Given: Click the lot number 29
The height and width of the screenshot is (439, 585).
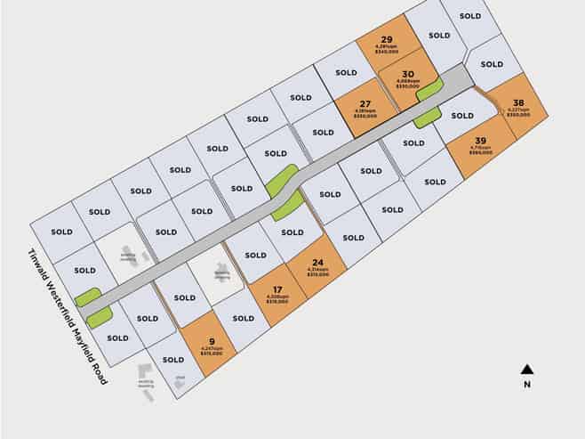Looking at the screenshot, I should (387, 39).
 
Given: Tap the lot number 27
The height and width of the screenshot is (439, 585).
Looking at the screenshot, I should (365, 104).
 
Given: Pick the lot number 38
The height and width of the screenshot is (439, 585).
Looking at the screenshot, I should (518, 102).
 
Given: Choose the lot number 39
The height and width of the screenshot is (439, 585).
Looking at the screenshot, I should (480, 141).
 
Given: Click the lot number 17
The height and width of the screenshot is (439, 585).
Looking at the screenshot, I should (277, 289).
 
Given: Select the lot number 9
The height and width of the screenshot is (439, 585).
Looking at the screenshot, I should (212, 340).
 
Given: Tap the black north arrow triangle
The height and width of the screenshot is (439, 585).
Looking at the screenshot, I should (526, 369).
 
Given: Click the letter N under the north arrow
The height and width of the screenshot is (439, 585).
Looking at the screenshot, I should (526, 385).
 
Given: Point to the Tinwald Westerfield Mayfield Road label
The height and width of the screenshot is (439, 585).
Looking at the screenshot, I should (68, 316).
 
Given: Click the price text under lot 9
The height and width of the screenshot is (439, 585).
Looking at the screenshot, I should (212, 354).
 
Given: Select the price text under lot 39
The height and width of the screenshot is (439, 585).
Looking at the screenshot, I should (480, 153).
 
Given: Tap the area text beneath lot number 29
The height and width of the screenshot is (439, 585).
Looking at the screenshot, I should (387, 47).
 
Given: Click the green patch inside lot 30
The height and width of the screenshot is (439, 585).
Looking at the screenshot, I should (429, 89).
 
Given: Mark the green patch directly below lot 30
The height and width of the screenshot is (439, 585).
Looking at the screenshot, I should (428, 117).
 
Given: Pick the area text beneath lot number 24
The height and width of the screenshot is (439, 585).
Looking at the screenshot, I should (317, 269).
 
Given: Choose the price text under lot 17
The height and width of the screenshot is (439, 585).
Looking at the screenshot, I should (277, 303).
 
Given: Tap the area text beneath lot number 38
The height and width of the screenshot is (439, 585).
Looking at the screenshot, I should (518, 110).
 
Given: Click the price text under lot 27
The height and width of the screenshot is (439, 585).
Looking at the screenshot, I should (365, 117).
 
